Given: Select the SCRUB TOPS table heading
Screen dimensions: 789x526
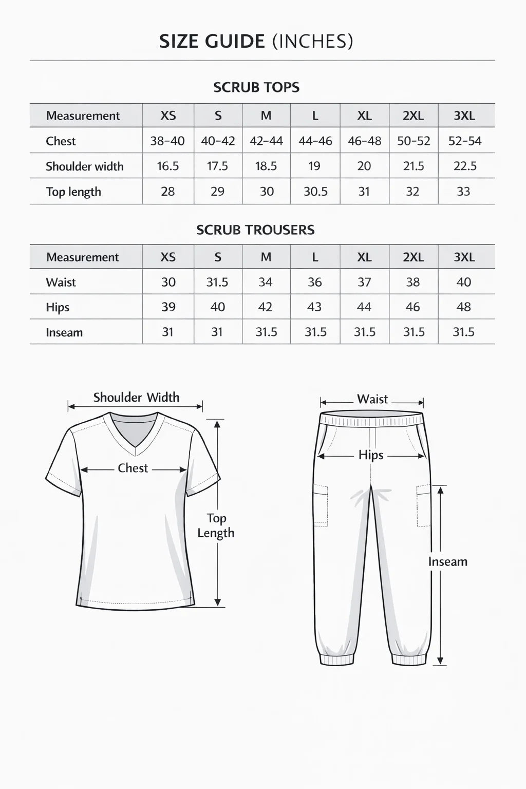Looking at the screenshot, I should (256, 87).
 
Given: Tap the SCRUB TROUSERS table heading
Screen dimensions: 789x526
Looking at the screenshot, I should (255, 230).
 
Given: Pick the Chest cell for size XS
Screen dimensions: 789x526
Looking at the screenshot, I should (167, 141).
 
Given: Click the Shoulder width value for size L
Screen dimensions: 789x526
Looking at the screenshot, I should (314, 166).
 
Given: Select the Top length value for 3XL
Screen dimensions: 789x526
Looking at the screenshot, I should (463, 191).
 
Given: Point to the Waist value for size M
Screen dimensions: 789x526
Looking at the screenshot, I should (266, 282).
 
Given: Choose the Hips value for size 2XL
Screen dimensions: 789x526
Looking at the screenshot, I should (413, 307).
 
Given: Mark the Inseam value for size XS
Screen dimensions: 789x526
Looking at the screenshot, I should (167, 332).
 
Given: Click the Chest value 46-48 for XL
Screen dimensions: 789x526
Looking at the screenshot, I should (364, 141).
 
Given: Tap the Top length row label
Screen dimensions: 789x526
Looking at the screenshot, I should (73, 192).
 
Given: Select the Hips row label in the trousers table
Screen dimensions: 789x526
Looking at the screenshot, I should (58, 307).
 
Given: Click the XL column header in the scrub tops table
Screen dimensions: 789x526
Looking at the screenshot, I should (364, 116).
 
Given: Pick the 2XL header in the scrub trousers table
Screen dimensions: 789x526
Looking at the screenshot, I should (413, 257).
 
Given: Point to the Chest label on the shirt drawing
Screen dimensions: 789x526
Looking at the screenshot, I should (133, 468).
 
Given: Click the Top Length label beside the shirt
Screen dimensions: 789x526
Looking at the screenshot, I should (216, 525).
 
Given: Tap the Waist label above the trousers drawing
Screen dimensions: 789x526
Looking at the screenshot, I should (372, 399).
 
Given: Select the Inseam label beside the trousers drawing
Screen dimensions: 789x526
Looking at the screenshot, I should (448, 561).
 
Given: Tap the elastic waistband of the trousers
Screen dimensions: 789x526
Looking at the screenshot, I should (371, 420).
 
